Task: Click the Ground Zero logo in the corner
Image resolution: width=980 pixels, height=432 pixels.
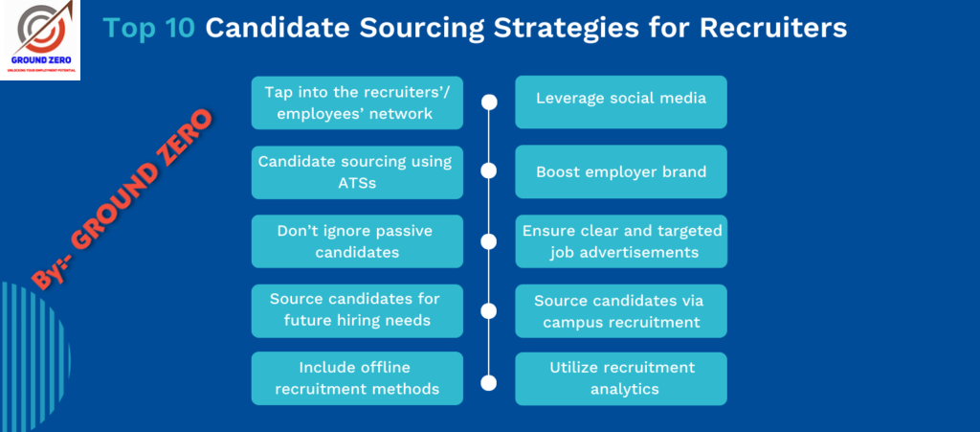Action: point(40,40)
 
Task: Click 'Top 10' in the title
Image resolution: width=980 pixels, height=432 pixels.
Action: point(148,28)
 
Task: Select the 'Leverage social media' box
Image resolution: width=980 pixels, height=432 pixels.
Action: point(620,102)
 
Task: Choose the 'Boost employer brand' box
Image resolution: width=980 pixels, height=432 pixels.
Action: point(620,171)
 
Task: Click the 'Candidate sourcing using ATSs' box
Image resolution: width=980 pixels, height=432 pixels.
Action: point(357,172)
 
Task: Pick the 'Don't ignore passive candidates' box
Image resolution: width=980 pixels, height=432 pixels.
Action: point(357,241)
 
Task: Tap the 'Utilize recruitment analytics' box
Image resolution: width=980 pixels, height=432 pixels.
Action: point(620,378)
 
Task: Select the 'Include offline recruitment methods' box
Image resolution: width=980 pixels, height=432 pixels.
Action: point(357,378)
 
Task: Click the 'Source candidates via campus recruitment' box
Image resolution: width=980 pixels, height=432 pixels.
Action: point(620,310)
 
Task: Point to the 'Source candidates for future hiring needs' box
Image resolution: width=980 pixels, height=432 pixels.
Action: point(357,310)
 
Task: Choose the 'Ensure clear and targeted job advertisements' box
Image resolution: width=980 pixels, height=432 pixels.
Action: point(620,241)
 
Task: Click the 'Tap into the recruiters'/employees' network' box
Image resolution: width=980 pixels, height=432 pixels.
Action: point(357,102)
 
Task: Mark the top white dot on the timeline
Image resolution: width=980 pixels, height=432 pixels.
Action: point(489,102)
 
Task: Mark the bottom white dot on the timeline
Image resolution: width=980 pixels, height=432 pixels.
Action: point(489,382)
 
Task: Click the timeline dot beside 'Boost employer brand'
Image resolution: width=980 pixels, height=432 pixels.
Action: point(489,171)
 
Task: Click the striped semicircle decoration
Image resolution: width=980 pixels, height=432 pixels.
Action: point(34,356)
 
